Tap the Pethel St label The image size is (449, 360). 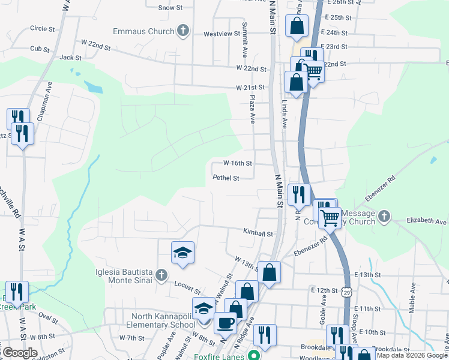[x=226, y=178]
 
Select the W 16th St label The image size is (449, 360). [x=237, y=163]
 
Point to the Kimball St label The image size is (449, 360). [x=258, y=232]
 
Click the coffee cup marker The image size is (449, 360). [x=225, y=322]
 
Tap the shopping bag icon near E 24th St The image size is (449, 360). [x=297, y=26]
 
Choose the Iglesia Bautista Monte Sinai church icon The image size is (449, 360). [x=160, y=275]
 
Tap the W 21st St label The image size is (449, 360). [x=251, y=88]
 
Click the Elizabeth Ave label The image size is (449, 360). [x=427, y=221]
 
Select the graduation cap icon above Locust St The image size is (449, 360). [x=182, y=253]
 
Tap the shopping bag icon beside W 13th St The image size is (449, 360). [x=270, y=272]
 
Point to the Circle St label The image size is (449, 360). [x=42, y=28]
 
